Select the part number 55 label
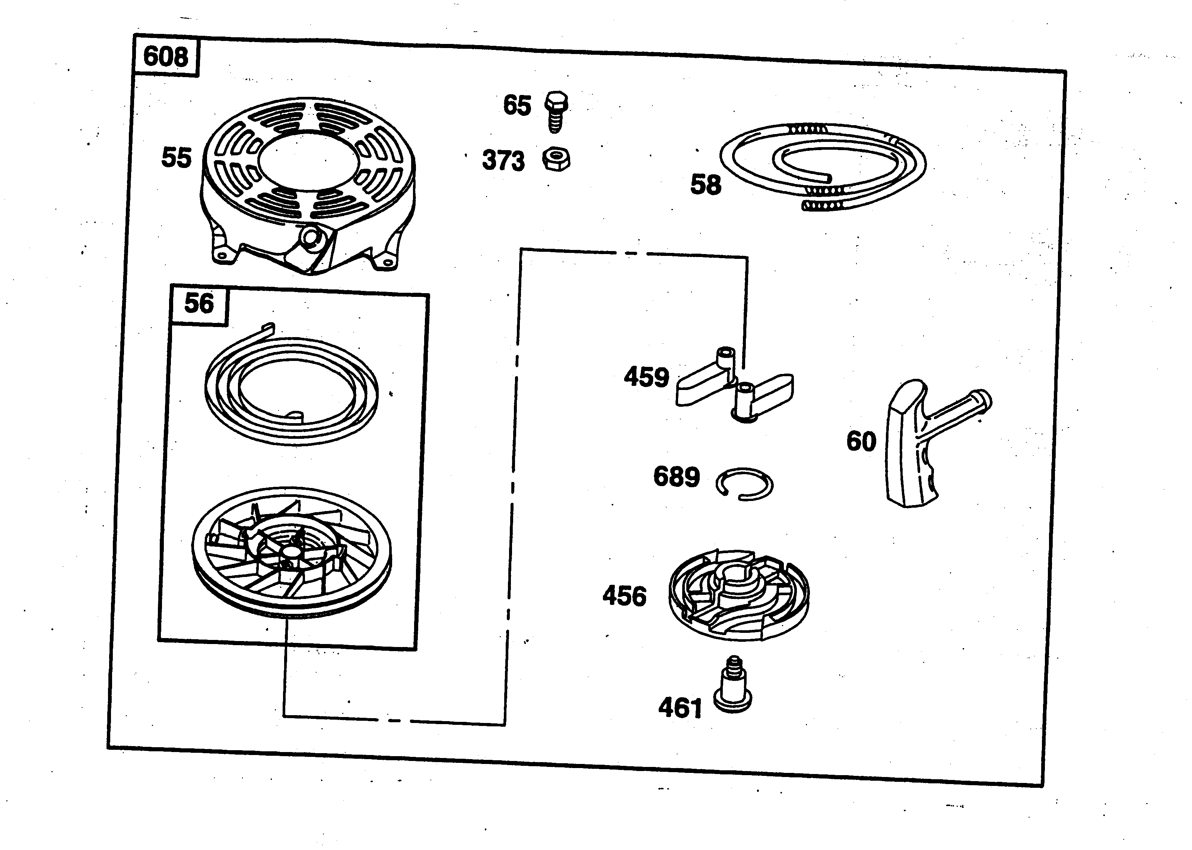click(177, 158)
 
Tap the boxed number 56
click(199, 304)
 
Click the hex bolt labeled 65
click(556, 111)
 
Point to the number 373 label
click(503, 161)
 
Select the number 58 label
click(705, 185)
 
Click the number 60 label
click(861, 441)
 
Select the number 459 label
click(646, 377)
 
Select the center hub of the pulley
click(289, 554)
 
